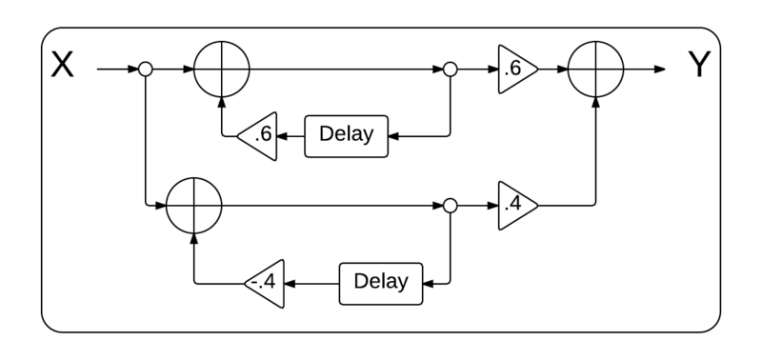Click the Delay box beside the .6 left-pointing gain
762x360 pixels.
pos(346,136)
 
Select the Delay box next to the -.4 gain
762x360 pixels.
pos(380,283)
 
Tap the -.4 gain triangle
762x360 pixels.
pos(268,283)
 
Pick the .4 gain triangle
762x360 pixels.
pos(515,206)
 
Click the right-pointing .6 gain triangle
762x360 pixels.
pos(515,70)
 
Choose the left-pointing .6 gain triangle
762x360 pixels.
pos(260,136)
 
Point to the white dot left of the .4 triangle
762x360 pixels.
pos(451,206)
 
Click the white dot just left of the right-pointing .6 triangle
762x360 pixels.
pos(451,70)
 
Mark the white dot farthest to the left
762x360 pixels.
pos(146,70)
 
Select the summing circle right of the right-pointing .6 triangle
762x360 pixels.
pos(595,70)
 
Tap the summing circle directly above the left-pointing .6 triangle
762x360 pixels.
pos(222,70)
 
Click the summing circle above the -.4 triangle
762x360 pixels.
pos(194,206)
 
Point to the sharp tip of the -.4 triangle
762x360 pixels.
pos(247,283)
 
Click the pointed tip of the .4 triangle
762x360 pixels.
pos(536,206)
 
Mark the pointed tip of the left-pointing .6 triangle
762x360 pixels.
pos(239,136)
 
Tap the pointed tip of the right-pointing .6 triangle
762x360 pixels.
pos(536,70)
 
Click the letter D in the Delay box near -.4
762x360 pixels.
pos(360,282)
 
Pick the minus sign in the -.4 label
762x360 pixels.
pos(252,283)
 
